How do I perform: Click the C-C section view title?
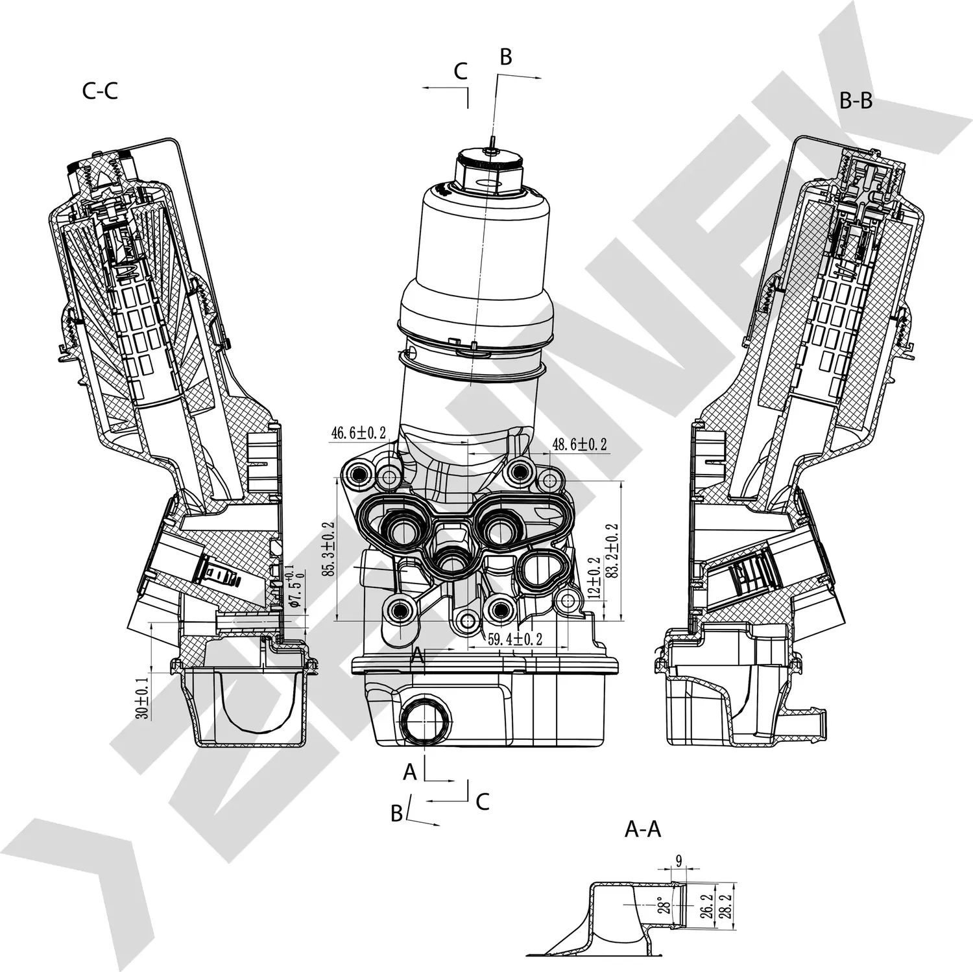pyautogui.click(x=100, y=91)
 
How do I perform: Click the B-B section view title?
pyautogui.click(x=856, y=101)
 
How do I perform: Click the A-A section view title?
pyautogui.click(x=642, y=829)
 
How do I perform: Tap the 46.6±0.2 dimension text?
pyautogui.click(x=359, y=433)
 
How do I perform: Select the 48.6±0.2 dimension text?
pyautogui.click(x=579, y=444)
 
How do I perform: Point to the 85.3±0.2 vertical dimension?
pyautogui.click(x=328, y=549)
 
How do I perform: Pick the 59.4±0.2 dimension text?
pyautogui.click(x=514, y=639)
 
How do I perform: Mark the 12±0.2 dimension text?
pyautogui.click(x=593, y=577)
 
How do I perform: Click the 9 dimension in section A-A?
pyautogui.click(x=679, y=861)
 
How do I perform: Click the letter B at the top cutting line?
pyautogui.click(x=505, y=57)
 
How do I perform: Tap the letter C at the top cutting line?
pyautogui.click(x=461, y=71)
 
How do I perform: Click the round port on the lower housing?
pyautogui.click(x=423, y=720)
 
